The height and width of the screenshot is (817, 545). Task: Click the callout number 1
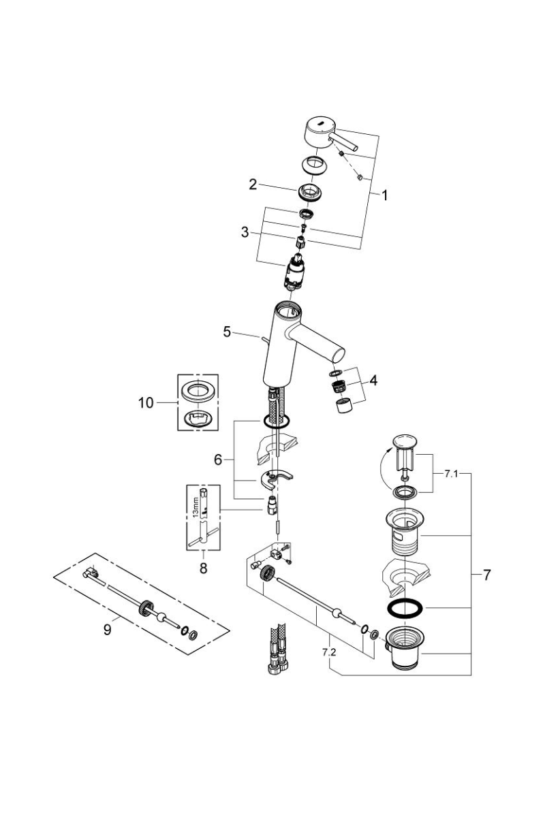(384, 196)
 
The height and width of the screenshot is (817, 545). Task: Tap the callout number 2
(253, 185)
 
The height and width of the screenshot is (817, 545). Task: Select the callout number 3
(245, 232)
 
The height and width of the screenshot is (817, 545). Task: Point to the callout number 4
(373, 381)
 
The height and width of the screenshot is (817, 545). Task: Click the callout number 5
(227, 332)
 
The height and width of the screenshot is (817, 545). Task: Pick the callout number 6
(218, 460)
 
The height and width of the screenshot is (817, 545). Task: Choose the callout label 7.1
(451, 474)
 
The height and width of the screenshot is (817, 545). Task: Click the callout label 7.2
(329, 652)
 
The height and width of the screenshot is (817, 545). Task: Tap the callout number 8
(203, 568)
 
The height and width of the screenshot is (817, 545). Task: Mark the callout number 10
(146, 403)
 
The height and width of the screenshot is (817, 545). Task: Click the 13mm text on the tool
(196, 508)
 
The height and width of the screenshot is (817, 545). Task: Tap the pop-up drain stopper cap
(403, 440)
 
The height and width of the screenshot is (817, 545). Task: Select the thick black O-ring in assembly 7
(405, 608)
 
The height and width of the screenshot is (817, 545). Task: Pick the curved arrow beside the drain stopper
(384, 470)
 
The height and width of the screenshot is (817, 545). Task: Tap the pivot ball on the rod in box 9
(159, 617)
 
